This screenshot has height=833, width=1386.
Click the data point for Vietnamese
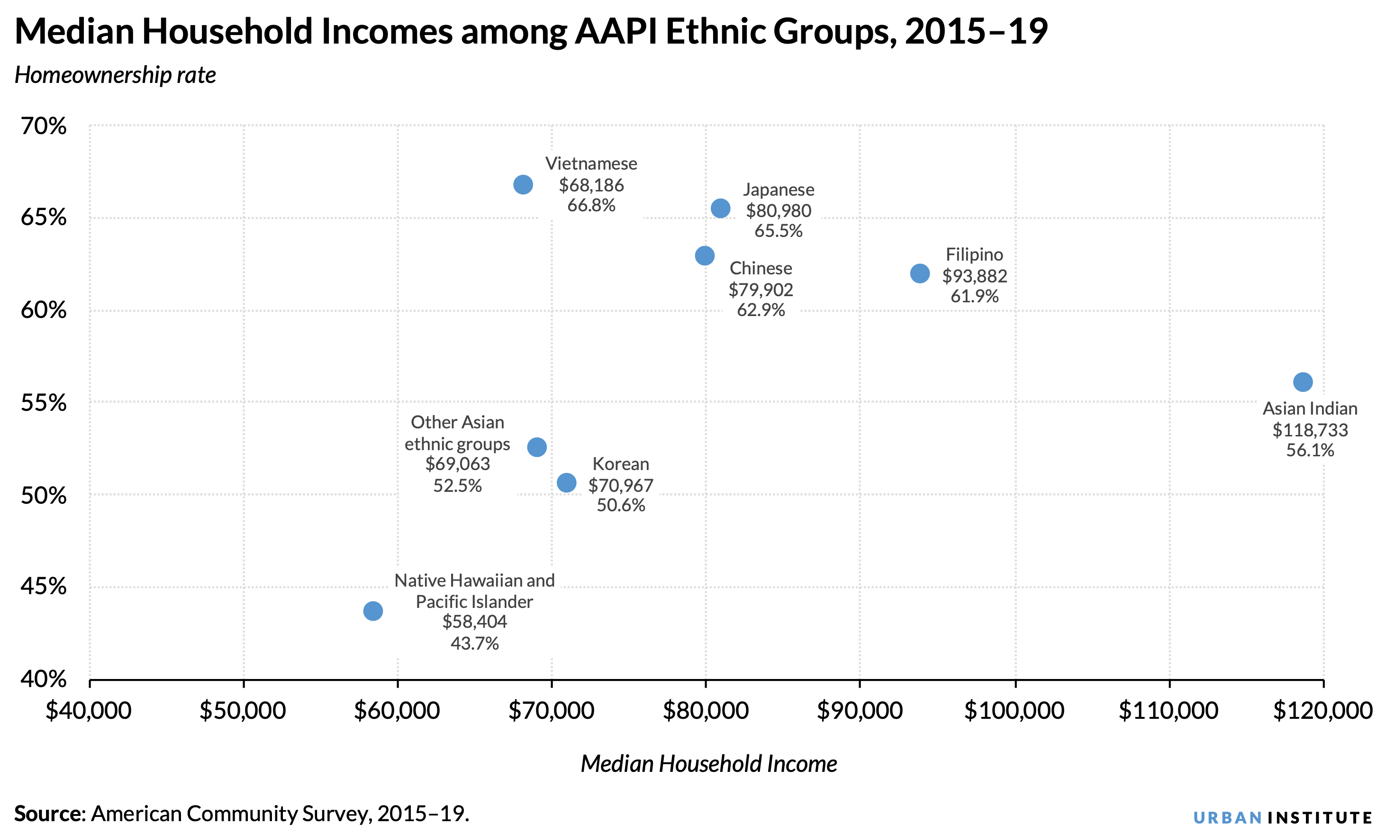[x=523, y=185]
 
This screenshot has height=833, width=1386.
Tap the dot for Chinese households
[x=705, y=256]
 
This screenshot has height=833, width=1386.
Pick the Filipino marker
[x=920, y=273]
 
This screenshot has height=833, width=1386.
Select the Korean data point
[x=566, y=483]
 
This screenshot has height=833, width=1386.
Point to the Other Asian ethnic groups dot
[x=537, y=447]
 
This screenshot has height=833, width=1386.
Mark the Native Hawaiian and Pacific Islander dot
[x=373, y=611]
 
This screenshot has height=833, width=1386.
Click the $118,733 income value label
[x=1310, y=430]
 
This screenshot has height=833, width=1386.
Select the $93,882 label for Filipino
[x=975, y=276]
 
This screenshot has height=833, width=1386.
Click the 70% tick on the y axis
[x=44, y=127]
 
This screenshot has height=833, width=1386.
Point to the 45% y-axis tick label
[x=44, y=587]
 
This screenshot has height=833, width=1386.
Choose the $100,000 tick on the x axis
[x=1014, y=711]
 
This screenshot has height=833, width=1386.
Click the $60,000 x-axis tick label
[x=397, y=711]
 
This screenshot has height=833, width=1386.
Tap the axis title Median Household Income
[x=708, y=764]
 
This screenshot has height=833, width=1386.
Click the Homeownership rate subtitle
[x=115, y=75]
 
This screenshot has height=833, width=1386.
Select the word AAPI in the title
[x=616, y=31]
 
